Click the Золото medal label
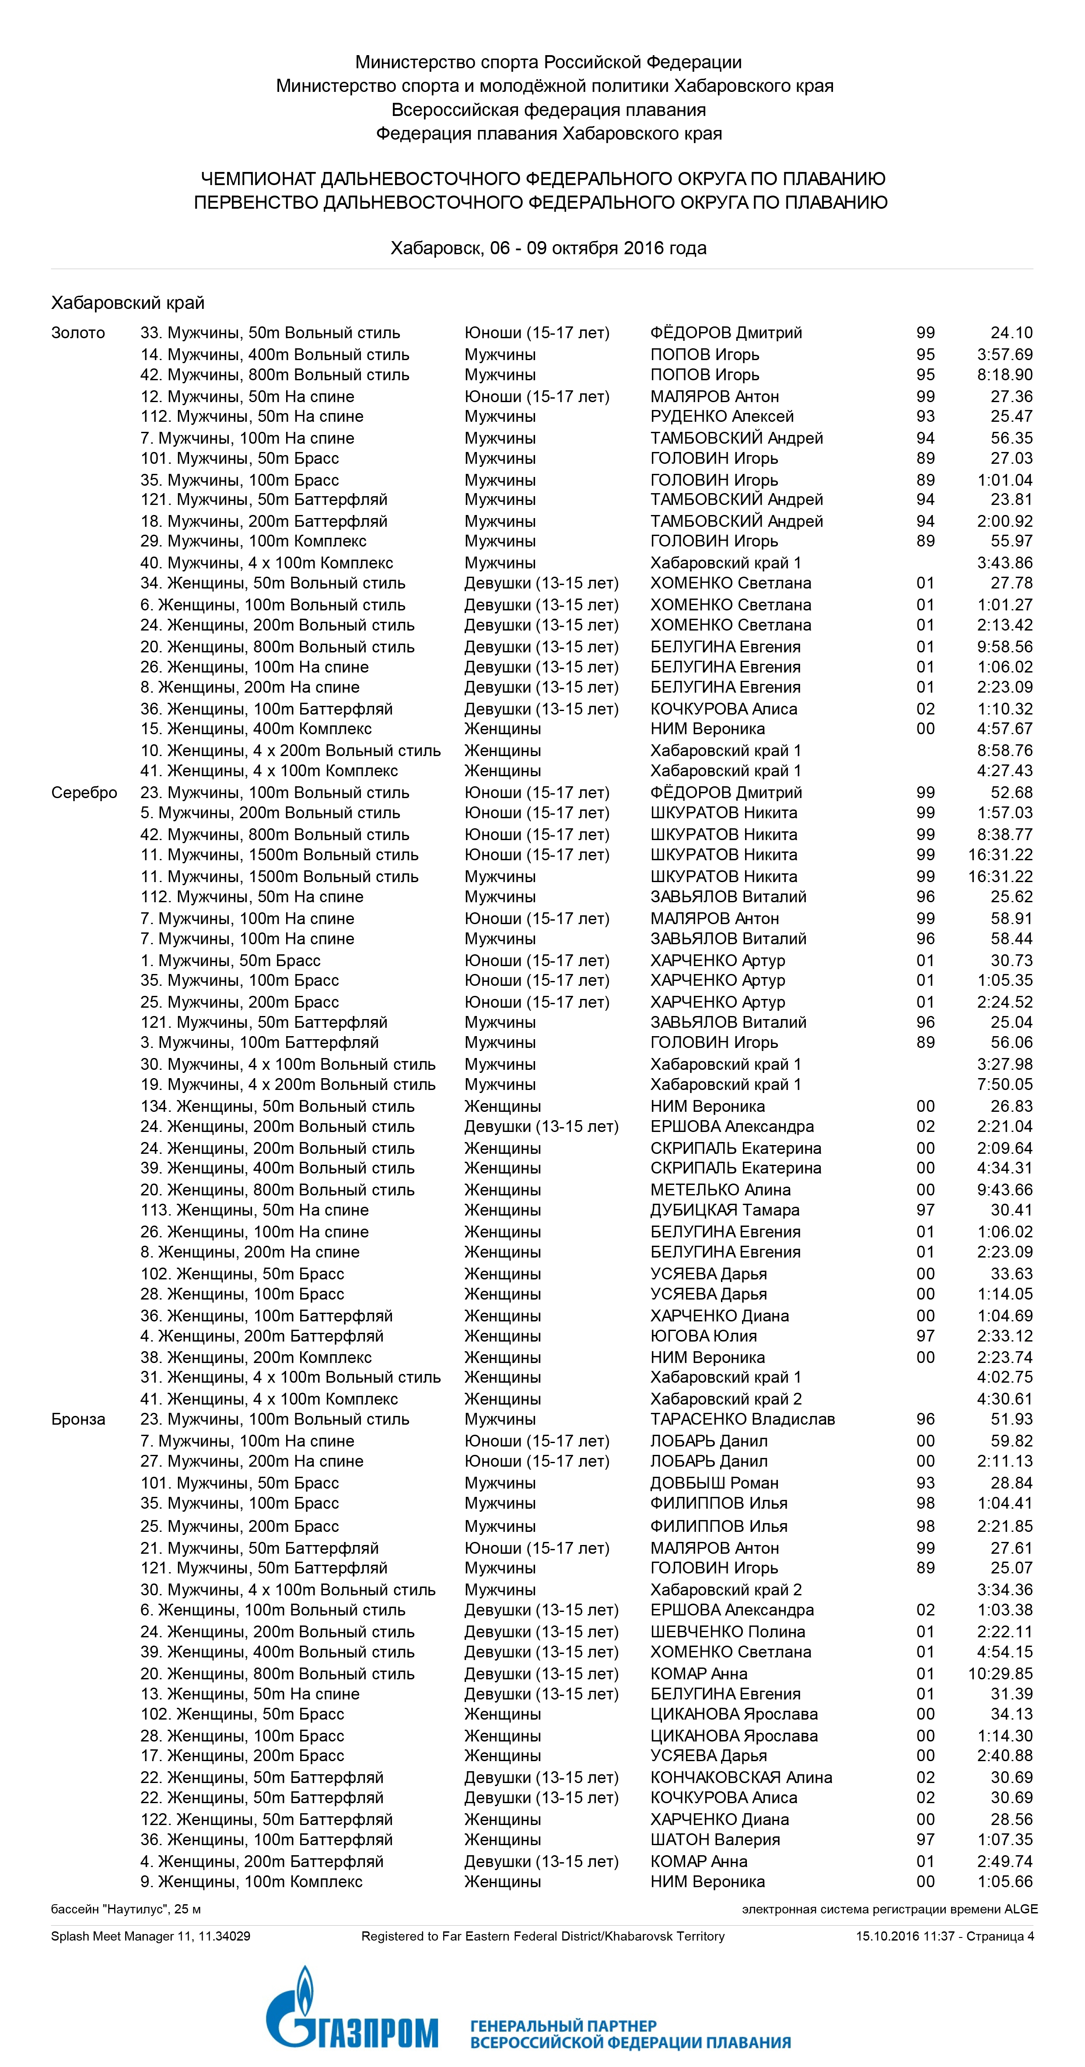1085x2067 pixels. coord(78,333)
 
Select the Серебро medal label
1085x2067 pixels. coord(84,793)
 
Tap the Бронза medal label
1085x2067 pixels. coord(78,1419)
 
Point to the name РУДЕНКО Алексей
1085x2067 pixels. coord(721,417)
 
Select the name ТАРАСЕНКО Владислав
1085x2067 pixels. coord(742,1419)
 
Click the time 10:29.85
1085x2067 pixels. coord(1000,1674)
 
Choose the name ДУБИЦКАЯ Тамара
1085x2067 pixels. coord(724,1210)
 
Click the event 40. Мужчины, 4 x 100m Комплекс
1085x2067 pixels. coord(266,563)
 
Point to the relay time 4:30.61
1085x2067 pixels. coord(1005,1398)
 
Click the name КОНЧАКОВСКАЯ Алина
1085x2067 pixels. coord(741,1777)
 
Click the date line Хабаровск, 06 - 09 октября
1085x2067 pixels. coord(548,248)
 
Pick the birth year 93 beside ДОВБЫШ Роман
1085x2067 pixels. coord(925,1483)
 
